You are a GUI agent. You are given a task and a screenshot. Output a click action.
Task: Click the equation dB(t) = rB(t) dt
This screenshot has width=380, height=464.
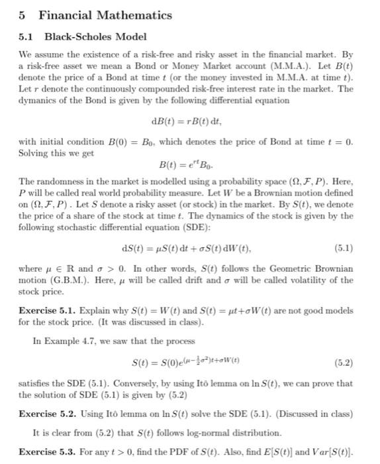pos(189,121)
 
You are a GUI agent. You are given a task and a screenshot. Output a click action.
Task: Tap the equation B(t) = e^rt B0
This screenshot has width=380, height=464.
pos(188,164)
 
